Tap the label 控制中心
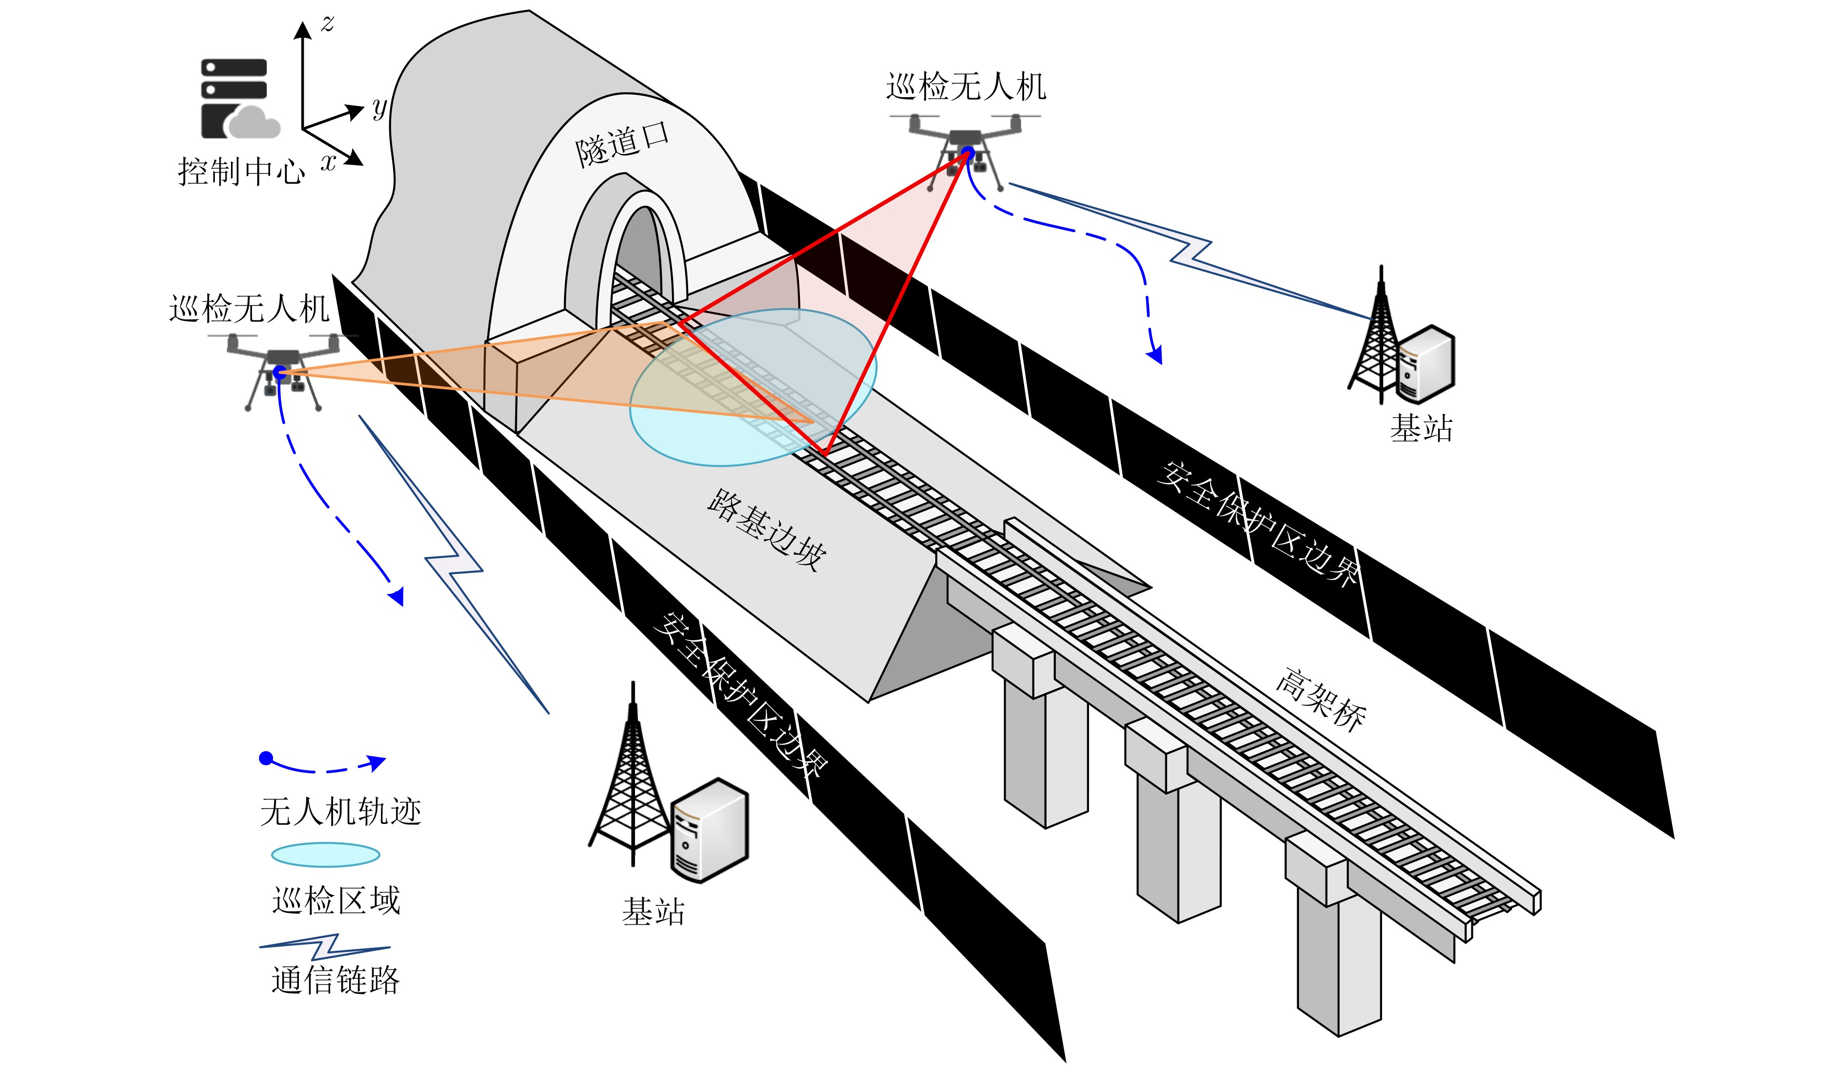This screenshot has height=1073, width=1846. (241, 171)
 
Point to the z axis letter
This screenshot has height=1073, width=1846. (327, 24)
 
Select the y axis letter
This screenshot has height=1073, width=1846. (379, 108)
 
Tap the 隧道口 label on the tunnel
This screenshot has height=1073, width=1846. (622, 144)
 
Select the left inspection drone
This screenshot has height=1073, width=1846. (282, 370)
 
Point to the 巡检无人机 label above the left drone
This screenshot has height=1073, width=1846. (249, 308)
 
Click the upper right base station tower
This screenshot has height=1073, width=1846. (1377, 333)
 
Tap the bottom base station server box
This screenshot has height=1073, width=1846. (709, 830)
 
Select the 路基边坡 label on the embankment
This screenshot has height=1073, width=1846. (767, 529)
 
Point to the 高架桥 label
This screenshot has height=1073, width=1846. (1321, 699)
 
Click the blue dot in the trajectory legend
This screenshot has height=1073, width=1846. (266, 758)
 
